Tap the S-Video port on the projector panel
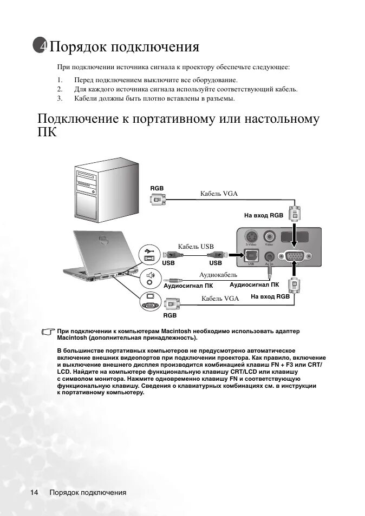coord(251,237)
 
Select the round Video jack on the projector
coord(269,237)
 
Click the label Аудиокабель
coord(214,275)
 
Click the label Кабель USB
coord(196,246)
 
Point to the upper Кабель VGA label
coord(219,193)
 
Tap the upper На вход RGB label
coord(263,215)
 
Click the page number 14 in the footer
coord(34,492)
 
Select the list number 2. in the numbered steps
coord(61,89)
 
